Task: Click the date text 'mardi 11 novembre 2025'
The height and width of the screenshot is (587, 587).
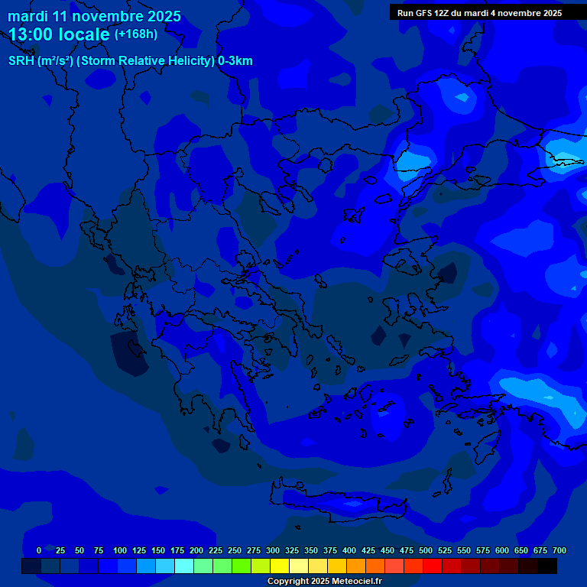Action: pos(94,16)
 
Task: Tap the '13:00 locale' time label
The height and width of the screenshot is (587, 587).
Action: pos(60,34)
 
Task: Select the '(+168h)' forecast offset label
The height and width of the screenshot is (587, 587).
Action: pos(136,34)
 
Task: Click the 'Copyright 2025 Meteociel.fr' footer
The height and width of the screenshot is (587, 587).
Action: pos(324,581)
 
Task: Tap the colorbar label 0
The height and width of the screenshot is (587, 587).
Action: pos(39,550)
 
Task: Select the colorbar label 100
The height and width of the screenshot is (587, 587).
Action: pos(120,550)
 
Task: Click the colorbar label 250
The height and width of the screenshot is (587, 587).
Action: pos(235,550)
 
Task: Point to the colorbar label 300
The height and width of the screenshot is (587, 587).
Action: pos(273,550)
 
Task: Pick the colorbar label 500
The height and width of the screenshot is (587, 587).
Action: pos(426,550)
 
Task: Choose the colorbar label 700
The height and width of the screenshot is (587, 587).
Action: pos(559,550)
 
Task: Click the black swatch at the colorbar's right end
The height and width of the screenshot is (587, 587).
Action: pos(547,566)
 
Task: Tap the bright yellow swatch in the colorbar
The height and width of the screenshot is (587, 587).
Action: pos(280,566)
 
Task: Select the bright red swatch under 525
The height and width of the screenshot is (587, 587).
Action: pos(433,566)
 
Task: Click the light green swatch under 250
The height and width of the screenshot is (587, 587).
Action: pos(222,566)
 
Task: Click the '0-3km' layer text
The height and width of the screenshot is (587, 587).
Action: pos(235,61)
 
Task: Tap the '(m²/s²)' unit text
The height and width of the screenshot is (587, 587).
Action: pos(56,61)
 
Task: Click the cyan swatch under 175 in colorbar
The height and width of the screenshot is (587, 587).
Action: pos(184,566)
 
